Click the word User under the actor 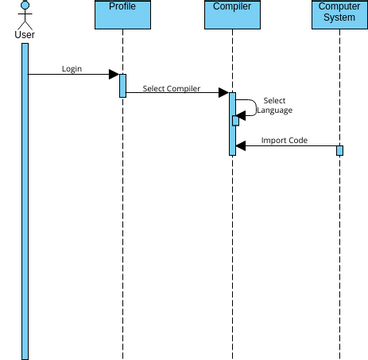25,36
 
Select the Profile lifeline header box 123,14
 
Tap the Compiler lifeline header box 232,14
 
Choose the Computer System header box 339,14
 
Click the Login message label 72,70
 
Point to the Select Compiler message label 171,89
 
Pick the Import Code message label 284,140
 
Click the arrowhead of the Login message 114,75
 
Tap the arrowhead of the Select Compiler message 223,94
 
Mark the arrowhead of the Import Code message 241,146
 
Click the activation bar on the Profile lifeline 123,85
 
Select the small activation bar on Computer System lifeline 339,150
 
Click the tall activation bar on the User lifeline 25,200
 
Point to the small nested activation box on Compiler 236,120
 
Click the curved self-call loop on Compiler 256,104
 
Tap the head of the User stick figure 25,5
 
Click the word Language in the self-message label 274,111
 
